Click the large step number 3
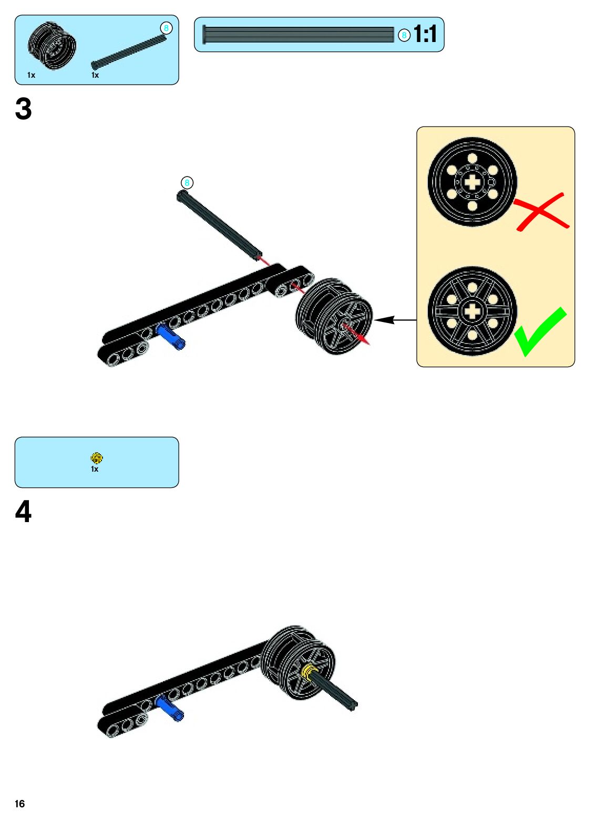pos(23,109)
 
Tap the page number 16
pos(20,804)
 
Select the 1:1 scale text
pos(425,35)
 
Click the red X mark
pos(541,211)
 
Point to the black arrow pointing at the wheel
pos(394,319)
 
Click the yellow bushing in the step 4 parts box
pos(96,458)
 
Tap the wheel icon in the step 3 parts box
pos(52,46)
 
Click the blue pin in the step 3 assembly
pos(170,337)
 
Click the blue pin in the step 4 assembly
pos(169,707)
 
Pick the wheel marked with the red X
pos(472,182)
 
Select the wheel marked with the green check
pos(472,311)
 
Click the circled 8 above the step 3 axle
pos(187,183)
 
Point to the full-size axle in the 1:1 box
pos(298,35)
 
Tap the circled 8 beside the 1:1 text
pos(404,35)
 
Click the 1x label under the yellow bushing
pos(95,469)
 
